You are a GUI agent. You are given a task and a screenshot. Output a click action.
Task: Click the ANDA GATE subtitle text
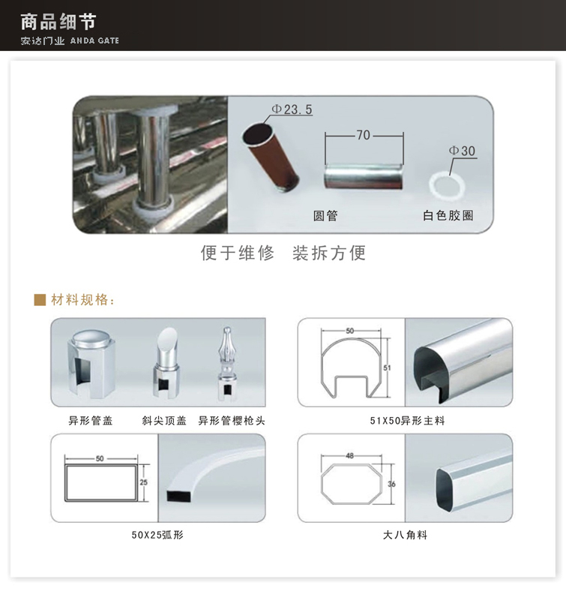94,40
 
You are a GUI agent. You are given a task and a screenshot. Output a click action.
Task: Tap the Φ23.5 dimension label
292,109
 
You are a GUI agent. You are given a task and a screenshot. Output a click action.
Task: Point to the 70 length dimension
364,136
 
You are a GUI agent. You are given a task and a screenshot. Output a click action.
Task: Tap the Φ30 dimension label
462,151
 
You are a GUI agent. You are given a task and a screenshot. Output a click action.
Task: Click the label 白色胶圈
448,216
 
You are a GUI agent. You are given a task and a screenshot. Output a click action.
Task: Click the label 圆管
325,216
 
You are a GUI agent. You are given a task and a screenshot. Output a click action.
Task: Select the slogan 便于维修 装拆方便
283,253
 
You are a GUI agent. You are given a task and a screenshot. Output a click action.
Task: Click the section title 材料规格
82,301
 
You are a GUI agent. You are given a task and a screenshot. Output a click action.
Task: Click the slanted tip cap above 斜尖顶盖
165,364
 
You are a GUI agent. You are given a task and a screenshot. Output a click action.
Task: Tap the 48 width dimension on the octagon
349,454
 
